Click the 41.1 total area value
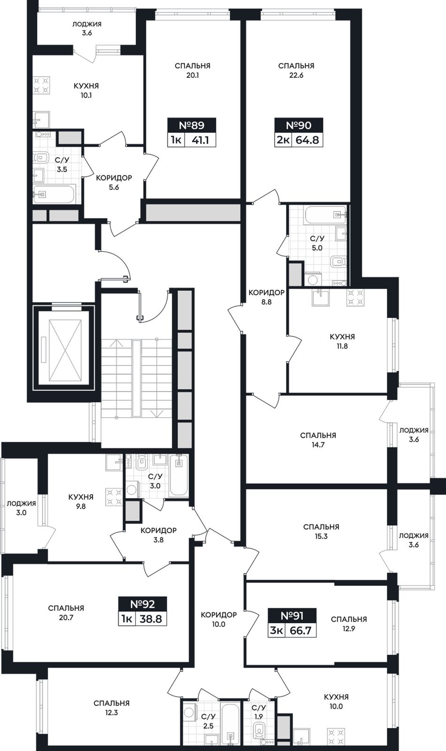click(x=200, y=140)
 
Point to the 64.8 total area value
click(x=308, y=140)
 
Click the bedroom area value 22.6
click(x=296, y=76)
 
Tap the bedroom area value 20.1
click(x=192, y=76)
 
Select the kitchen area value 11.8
click(x=342, y=346)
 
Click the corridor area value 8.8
click(x=266, y=302)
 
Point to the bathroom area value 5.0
click(x=317, y=248)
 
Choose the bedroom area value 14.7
click(x=318, y=445)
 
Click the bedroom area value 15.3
click(x=321, y=536)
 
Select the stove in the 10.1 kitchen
click(x=42, y=85)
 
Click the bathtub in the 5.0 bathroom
click(x=325, y=215)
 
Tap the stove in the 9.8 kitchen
click(x=114, y=496)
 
